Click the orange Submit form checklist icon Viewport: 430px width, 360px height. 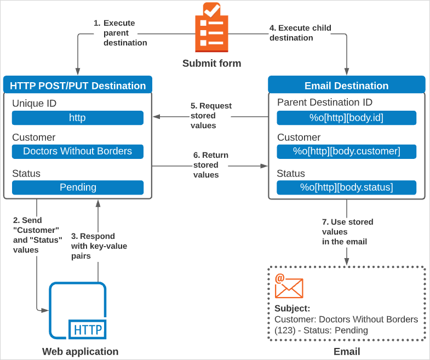(211, 27)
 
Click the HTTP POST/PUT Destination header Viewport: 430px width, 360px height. (78, 85)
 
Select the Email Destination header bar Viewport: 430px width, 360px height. (346, 85)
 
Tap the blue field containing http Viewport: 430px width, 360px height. (77, 118)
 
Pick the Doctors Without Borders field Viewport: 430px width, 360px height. (77, 151)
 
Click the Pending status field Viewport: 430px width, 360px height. (77, 187)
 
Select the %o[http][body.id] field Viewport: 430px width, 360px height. (346, 118)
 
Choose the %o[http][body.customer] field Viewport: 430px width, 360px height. (346, 151)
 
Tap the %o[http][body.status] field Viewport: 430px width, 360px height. (346, 187)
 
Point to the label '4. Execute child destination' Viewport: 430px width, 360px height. (300, 33)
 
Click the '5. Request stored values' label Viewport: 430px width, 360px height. (211, 116)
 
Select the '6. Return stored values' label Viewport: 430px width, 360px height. (210, 165)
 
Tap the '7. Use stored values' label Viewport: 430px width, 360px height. (347, 231)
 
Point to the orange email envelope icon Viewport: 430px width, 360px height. (289, 287)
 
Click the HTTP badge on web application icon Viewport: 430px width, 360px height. (87, 329)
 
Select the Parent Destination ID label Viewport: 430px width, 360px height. (325, 102)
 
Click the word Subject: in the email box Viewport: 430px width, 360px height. (292, 308)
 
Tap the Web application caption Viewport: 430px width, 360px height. (80, 351)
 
